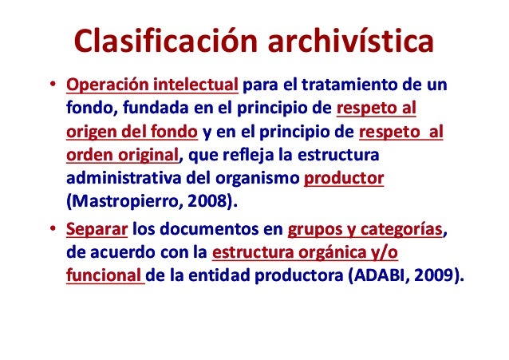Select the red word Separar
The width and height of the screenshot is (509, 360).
coord(97,231)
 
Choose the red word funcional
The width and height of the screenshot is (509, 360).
coord(101,278)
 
